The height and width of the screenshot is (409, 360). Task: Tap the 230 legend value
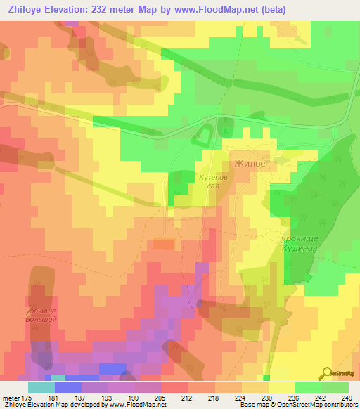(265, 398)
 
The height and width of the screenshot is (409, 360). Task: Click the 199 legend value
(134, 398)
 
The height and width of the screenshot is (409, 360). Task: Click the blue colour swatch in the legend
(67, 387)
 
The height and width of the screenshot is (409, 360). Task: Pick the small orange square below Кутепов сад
(163, 244)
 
